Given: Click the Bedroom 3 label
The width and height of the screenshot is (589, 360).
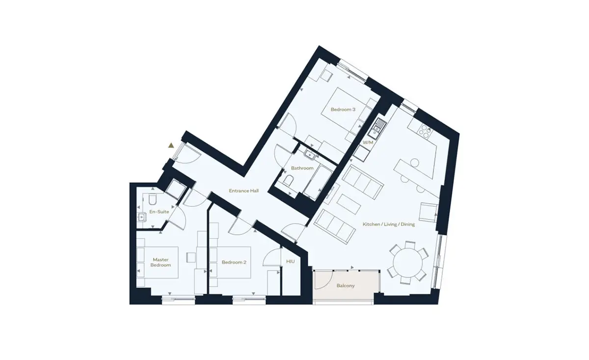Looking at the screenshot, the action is click(343, 110).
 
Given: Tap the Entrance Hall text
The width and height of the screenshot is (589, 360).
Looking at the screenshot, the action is click(244, 191).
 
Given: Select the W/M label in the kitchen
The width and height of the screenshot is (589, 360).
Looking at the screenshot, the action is click(368, 142).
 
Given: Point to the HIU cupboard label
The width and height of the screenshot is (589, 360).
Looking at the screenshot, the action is click(290, 261).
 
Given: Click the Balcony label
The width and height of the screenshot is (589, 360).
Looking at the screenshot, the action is click(346, 285).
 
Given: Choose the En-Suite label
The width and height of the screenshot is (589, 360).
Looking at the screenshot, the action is click(159, 212).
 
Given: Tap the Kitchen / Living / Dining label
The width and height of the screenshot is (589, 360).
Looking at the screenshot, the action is click(389, 224).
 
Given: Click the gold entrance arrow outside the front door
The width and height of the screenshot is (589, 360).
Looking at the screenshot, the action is click(171, 145).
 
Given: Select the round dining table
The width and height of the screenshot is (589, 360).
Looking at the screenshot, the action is click(407, 262).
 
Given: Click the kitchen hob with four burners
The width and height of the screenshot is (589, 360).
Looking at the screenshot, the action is click(425, 132).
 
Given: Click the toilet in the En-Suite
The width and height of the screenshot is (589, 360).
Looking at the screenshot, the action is click(153, 199).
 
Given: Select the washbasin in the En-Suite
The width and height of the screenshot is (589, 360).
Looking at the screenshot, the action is click(141, 218).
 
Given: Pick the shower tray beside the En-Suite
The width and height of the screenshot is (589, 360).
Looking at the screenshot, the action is click(175, 189).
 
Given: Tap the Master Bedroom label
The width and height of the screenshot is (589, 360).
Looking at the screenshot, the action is click(161, 262).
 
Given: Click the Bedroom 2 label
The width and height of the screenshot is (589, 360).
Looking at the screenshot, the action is click(234, 262).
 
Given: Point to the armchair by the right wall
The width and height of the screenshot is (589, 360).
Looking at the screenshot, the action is click(428, 212).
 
